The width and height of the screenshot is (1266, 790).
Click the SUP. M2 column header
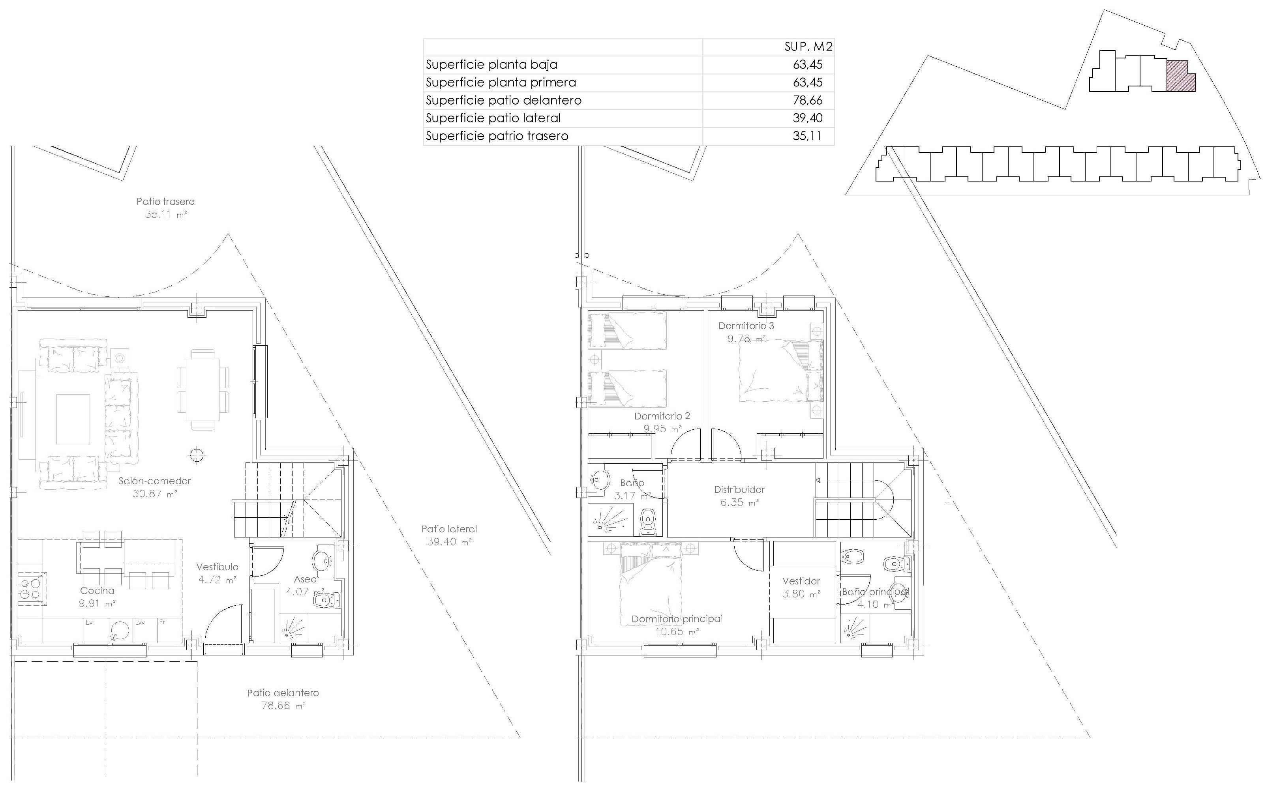tap(808, 47)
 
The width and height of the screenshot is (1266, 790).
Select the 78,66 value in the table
tap(808, 100)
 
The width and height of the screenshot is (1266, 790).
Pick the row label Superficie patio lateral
tap(493, 118)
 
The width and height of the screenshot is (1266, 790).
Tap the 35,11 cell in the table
tap(807, 136)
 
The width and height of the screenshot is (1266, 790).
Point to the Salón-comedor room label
tap(155, 481)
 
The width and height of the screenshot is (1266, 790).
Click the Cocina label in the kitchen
tap(97, 590)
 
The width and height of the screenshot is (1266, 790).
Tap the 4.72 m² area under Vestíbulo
tap(217, 579)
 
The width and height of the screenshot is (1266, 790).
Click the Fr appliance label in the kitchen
tap(163, 622)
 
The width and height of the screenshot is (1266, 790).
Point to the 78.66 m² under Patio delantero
tap(283, 706)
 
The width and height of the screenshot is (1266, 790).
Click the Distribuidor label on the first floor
tap(739, 490)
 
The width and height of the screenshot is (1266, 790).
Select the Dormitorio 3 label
tap(746, 326)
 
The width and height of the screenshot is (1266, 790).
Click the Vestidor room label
tap(801, 581)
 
